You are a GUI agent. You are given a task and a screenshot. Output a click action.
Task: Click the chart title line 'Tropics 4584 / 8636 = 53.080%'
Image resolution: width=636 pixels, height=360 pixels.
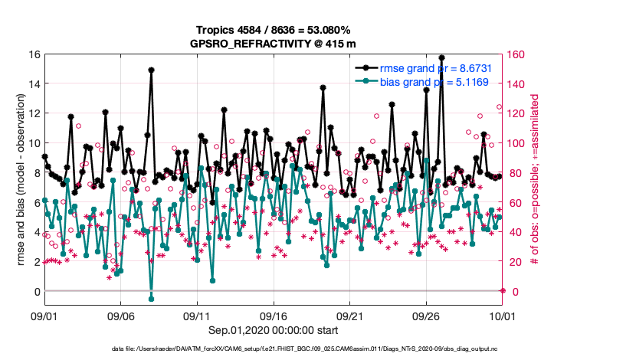pos(273,30)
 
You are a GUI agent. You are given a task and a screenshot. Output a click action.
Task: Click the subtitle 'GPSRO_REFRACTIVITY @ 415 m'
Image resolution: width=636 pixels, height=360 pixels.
pos(273,44)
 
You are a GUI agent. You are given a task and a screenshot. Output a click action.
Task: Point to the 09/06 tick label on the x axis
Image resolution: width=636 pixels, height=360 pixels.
pos(120,315)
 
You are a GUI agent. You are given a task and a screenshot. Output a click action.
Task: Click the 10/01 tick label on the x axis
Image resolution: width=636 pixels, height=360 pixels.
pos(502,315)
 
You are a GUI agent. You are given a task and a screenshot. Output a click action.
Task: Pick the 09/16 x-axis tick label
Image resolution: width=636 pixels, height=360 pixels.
pos(274,315)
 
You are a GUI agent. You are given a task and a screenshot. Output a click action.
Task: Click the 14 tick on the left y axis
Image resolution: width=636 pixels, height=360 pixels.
pos(34,83)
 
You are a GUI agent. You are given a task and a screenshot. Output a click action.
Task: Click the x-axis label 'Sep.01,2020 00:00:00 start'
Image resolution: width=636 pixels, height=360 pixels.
pos(274,330)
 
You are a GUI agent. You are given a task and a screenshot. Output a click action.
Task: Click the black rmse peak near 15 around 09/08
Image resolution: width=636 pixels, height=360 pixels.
pos(152,70)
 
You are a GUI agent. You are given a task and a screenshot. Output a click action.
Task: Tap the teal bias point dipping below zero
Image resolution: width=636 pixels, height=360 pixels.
pos(152,299)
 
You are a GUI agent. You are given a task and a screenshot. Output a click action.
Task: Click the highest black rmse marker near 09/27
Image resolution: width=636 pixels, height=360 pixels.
pos(441,57)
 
